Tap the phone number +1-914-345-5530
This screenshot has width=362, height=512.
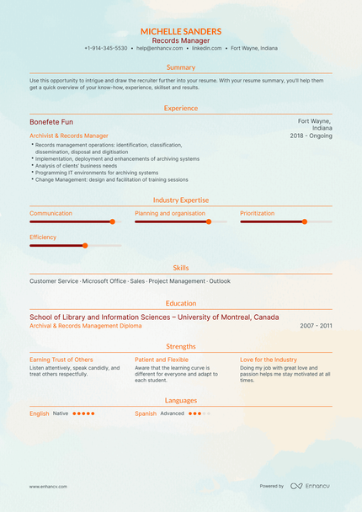[106, 49]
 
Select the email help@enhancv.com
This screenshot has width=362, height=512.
[159, 49]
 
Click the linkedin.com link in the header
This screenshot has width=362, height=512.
[206, 49]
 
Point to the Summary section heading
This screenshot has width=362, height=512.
[181, 67]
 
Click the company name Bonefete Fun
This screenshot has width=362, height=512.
[51, 122]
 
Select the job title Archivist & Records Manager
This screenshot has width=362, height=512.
[69, 136]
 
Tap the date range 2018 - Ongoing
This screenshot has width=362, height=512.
[311, 136]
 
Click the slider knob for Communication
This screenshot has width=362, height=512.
[112, 221]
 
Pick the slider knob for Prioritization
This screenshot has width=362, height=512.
[305, 221]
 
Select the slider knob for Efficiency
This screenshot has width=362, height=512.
[84, 245]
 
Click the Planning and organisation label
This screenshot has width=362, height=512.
[170, 213]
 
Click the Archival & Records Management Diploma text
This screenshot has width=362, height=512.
[86, 325]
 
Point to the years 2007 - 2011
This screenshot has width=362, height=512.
[317, 325]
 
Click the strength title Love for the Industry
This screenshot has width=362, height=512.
[269, 360]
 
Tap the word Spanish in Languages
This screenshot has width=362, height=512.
[146, 413]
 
